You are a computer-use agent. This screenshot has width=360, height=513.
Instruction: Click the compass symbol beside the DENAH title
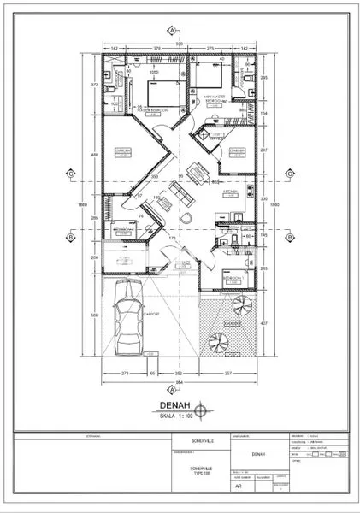(x=202, y=409)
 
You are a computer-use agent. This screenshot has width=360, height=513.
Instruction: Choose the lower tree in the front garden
(x=218, y=343)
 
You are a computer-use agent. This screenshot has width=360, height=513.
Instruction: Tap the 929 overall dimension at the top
(x=179, y=41)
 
